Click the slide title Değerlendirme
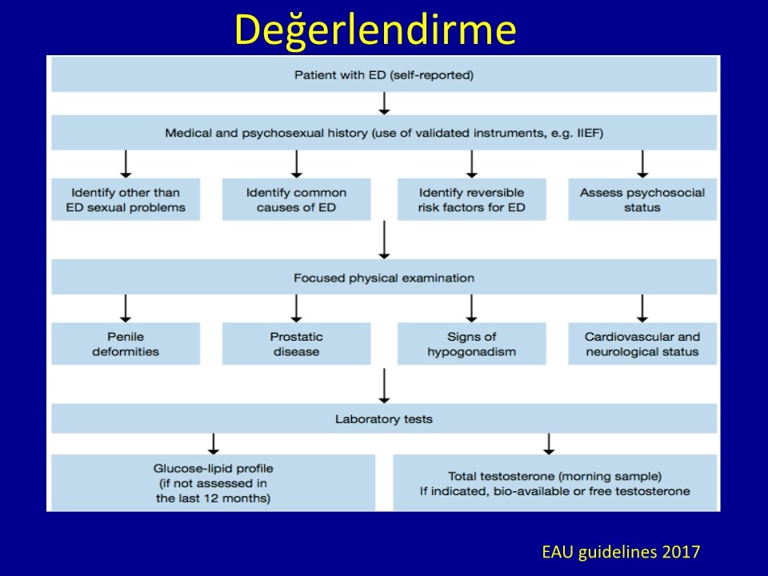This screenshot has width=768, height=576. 375,30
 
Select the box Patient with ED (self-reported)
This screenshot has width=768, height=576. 384,74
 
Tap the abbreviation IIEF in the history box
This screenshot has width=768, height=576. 590,133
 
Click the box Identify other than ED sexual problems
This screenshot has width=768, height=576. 126,199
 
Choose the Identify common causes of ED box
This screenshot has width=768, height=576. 296,199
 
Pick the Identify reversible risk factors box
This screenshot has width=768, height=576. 472,199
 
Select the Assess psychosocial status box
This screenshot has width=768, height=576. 642,199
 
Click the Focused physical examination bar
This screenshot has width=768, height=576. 384,278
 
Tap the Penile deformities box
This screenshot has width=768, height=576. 126,344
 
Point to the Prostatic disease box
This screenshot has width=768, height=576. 296,344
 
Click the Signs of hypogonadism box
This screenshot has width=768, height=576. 472,344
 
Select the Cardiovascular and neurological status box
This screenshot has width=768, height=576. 642,344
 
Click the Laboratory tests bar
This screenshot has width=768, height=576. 384,418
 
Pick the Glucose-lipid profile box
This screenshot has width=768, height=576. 213,483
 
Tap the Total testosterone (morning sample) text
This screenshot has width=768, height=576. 555,476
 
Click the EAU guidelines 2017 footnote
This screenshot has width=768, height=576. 621,552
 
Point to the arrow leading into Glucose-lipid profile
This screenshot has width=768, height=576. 213,444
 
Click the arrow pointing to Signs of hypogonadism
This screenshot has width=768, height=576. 472,308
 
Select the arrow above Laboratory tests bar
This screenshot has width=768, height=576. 385,386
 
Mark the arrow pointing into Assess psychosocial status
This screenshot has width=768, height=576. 642,164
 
